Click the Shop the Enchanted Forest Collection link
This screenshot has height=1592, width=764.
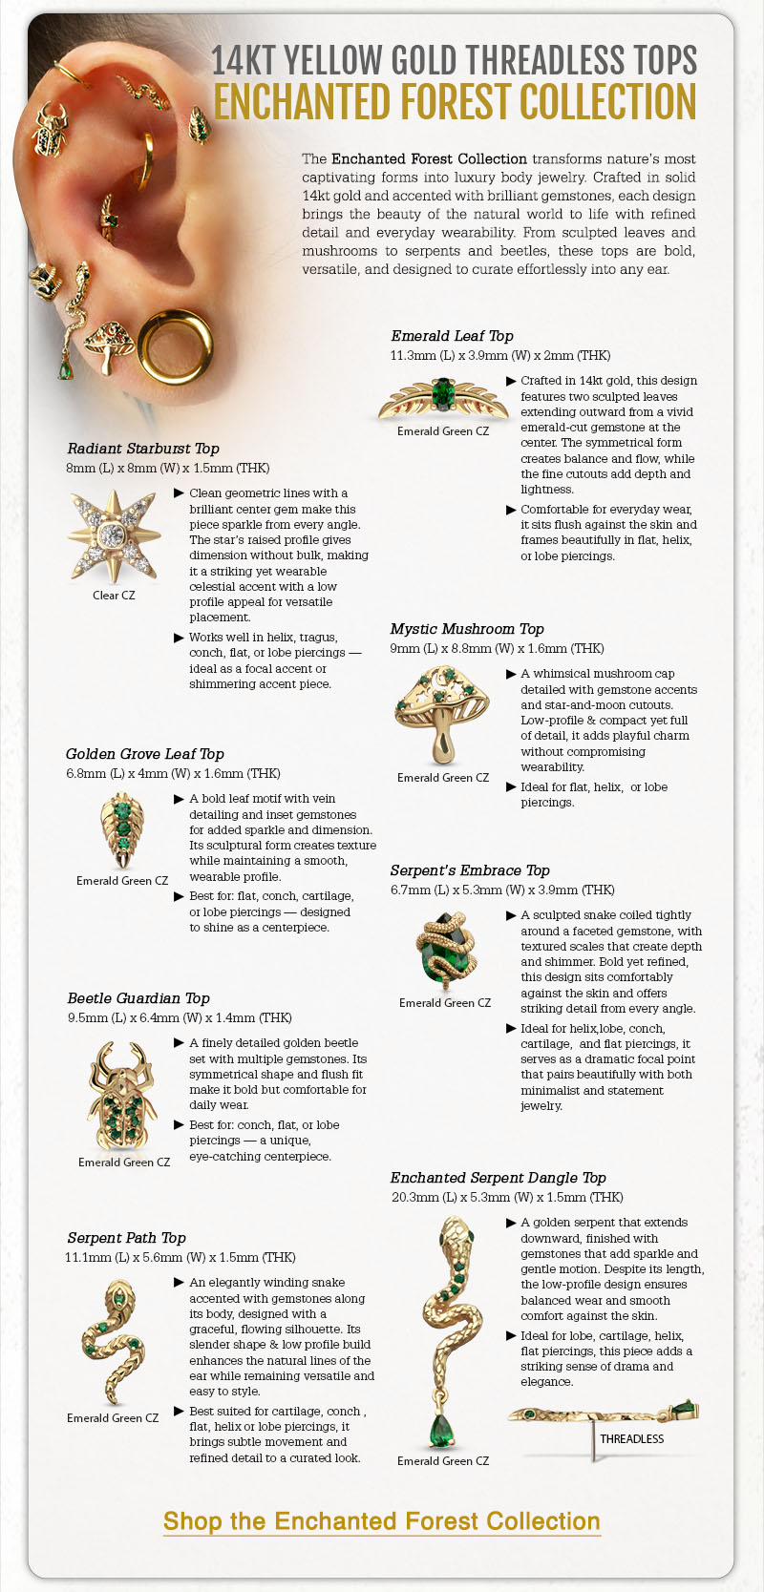(x=382, y=1521)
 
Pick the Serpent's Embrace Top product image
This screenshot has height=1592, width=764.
(x=444, y=951)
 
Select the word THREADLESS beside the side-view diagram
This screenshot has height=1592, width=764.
(x=631, y=1438)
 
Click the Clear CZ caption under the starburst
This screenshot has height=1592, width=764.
(x=114, y=596)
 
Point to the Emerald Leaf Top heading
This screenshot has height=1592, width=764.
(x=452, y=336)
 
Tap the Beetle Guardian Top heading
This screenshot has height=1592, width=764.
(x=138, y=998)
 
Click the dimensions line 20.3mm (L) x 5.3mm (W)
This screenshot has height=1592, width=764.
(x=507, y=1197)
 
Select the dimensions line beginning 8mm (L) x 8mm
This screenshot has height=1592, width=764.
(x=168, y=468)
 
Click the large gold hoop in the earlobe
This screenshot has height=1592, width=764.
(x=176, y=349)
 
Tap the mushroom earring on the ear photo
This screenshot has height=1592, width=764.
(x=107, y=345)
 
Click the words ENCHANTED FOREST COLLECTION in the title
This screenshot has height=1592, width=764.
(x=455, y=102)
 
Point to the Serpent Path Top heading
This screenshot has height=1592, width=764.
(x=126, y=1238)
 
